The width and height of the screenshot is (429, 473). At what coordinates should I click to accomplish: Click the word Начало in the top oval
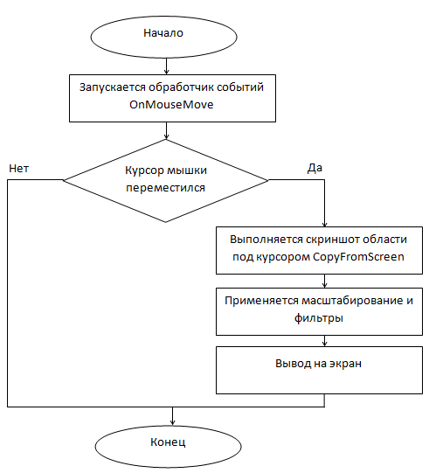click(163, 33)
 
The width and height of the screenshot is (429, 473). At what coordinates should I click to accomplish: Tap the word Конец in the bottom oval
click(168, 442)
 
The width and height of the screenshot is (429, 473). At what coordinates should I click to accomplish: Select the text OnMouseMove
click(171, 105)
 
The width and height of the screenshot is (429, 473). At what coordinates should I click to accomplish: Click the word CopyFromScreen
click(358, 257)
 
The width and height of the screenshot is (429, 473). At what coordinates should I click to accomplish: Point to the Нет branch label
click(18, 169)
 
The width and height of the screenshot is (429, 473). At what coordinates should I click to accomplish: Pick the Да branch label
click(315, 168)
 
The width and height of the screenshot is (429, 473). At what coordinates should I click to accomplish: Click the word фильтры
click(319, 318)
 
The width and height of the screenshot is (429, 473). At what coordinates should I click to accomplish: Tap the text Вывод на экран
click(318, 364)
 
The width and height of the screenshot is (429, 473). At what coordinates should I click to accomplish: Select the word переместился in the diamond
click(165, 188)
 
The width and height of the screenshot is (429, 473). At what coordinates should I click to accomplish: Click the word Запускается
click(113, 87)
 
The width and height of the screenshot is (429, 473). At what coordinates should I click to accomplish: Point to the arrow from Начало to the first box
click(166, 66)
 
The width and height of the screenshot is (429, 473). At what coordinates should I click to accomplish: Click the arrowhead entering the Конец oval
click(172, 422)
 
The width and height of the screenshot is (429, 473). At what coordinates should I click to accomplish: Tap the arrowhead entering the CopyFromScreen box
click(324, 225)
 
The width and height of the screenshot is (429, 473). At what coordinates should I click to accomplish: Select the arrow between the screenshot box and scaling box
click(324, 281)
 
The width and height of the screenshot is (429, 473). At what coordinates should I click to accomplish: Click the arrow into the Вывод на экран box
click(324, 341)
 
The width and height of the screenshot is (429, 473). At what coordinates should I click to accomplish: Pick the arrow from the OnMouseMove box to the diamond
click(166, 130)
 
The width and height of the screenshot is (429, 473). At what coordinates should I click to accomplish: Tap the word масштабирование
click(352, 301)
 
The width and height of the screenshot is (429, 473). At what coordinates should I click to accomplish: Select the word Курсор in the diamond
click(144, 170)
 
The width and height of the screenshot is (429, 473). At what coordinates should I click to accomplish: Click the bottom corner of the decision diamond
click(165, 222)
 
